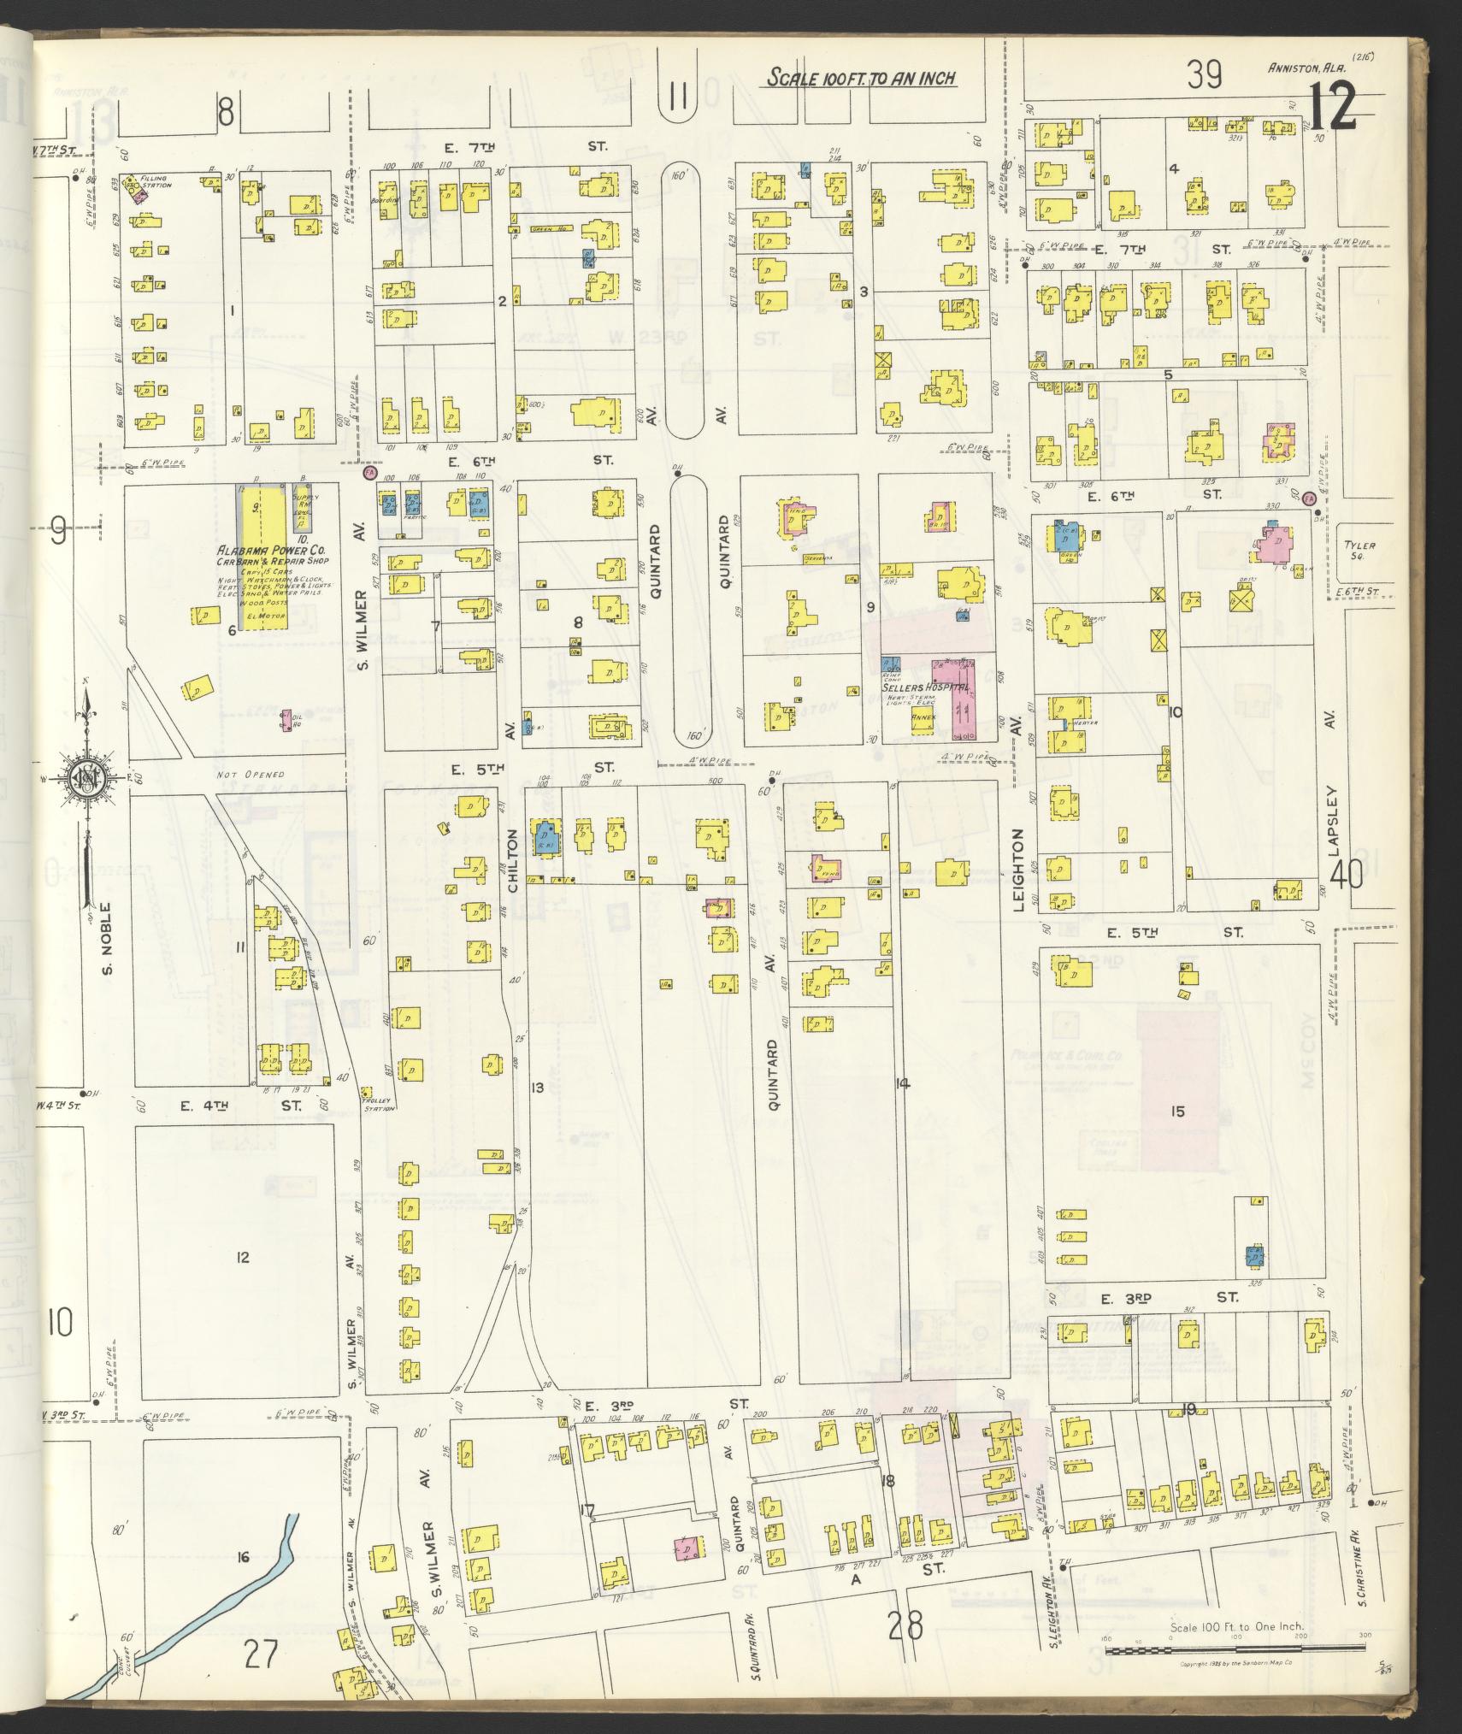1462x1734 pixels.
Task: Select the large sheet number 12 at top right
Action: (1332, 108)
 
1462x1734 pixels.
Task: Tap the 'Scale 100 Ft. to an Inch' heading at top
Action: (860, 79)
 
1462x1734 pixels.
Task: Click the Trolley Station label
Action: (380, 1105)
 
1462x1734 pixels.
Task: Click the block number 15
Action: (1177, 1111)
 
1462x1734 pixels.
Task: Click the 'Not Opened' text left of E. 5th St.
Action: (238, 775)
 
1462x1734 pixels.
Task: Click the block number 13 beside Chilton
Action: (537, 1088)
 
